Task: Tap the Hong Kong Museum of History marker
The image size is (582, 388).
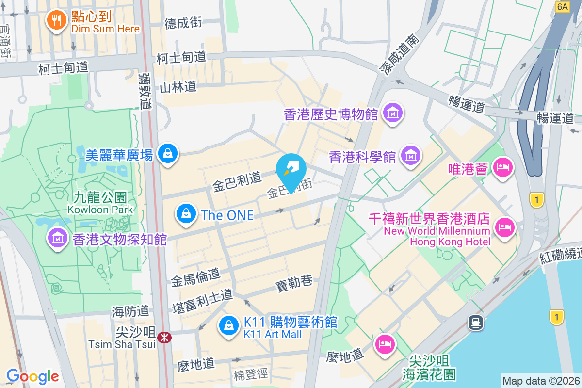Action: [393, 113]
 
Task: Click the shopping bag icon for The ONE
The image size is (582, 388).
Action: [185, 213]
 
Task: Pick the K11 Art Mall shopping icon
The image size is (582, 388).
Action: [228, 325]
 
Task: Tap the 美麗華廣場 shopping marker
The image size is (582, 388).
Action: [168, 153]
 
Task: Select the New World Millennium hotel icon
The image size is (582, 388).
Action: [504, 227]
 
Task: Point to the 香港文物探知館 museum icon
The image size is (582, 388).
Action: [58, 238]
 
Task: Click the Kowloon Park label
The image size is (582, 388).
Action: [100, 203]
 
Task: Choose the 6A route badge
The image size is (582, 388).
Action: [563, 6]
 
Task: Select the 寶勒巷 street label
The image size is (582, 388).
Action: [294, 283]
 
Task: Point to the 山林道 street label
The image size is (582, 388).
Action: [178, 87]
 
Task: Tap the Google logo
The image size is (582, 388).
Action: [32, 376]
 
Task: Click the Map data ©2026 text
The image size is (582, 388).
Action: [540, 381]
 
